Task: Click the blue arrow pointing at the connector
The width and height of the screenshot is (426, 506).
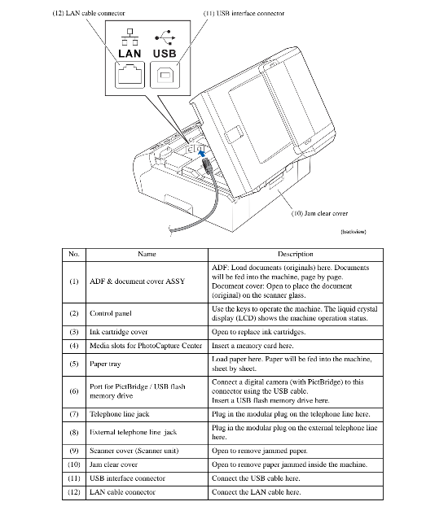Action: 201,153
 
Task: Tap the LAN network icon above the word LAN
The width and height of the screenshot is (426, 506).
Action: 130,37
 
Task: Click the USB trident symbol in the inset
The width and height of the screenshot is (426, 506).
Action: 165,37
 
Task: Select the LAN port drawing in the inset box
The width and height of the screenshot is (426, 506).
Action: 130,74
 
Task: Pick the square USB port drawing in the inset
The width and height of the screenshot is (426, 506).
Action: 165,75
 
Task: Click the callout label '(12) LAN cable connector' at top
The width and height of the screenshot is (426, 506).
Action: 89,13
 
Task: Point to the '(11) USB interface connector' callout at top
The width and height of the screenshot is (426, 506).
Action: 244,13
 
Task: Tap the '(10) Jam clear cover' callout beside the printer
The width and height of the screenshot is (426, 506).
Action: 319,213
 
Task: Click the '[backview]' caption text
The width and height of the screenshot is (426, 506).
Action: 354,231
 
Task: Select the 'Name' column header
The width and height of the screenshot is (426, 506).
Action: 147,254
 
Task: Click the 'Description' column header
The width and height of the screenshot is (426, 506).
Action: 296,254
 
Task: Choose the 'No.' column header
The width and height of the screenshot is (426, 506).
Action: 74,254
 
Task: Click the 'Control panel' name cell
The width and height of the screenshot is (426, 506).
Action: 111,313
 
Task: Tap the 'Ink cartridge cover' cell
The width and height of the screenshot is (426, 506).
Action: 118,332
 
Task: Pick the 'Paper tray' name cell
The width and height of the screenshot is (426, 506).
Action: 105,364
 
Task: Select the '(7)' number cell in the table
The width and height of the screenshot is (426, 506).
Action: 74,414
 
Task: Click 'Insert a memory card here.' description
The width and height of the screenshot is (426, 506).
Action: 253,346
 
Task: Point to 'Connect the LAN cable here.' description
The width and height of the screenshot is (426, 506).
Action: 256,492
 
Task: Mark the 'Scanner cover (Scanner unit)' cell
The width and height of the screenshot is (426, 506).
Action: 134,451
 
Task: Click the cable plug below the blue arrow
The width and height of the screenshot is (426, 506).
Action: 207,166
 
